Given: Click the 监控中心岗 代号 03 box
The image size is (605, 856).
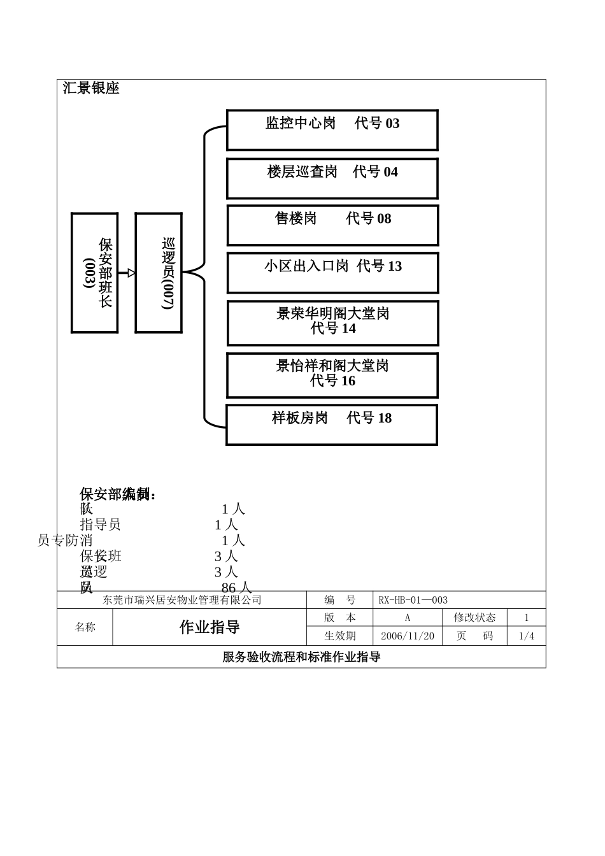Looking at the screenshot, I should tap(332, 130).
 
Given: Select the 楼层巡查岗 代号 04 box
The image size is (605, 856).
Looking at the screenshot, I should tap(332, 178).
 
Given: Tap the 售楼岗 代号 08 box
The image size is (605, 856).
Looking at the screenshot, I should tap(332, 225).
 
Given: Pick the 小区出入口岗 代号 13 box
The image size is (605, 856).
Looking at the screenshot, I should tap(332, 273).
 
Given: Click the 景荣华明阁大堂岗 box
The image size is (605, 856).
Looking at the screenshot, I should tap(332, 323).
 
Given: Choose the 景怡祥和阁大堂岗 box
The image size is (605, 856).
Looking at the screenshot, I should tap(332, 375).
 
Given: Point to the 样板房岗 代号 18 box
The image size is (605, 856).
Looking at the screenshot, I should tap(331, 424).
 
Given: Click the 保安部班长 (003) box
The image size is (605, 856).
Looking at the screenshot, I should tap(94, 273).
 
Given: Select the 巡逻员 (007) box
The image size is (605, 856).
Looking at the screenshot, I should tap(159, 273).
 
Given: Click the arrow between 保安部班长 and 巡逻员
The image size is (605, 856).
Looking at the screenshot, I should tap(127, 273).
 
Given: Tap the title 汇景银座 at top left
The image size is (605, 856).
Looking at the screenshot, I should tap(91, 89).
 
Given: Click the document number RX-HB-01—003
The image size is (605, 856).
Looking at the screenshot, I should tap(413, 600).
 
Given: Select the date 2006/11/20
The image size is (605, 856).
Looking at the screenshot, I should tap(407, 636).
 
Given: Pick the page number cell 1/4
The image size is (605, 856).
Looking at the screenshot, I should tap(526, 636).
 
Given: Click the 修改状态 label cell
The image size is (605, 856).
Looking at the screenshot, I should tap(474, 617).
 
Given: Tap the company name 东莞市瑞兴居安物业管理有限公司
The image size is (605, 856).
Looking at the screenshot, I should tap(182, 600).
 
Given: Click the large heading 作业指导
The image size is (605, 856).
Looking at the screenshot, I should tap(210, 627).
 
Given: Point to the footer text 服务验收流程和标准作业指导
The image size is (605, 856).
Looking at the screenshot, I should tap(301, 657).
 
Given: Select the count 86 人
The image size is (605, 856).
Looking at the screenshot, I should tap(236, 587).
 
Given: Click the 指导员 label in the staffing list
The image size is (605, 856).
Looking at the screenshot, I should tap(100, 524).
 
